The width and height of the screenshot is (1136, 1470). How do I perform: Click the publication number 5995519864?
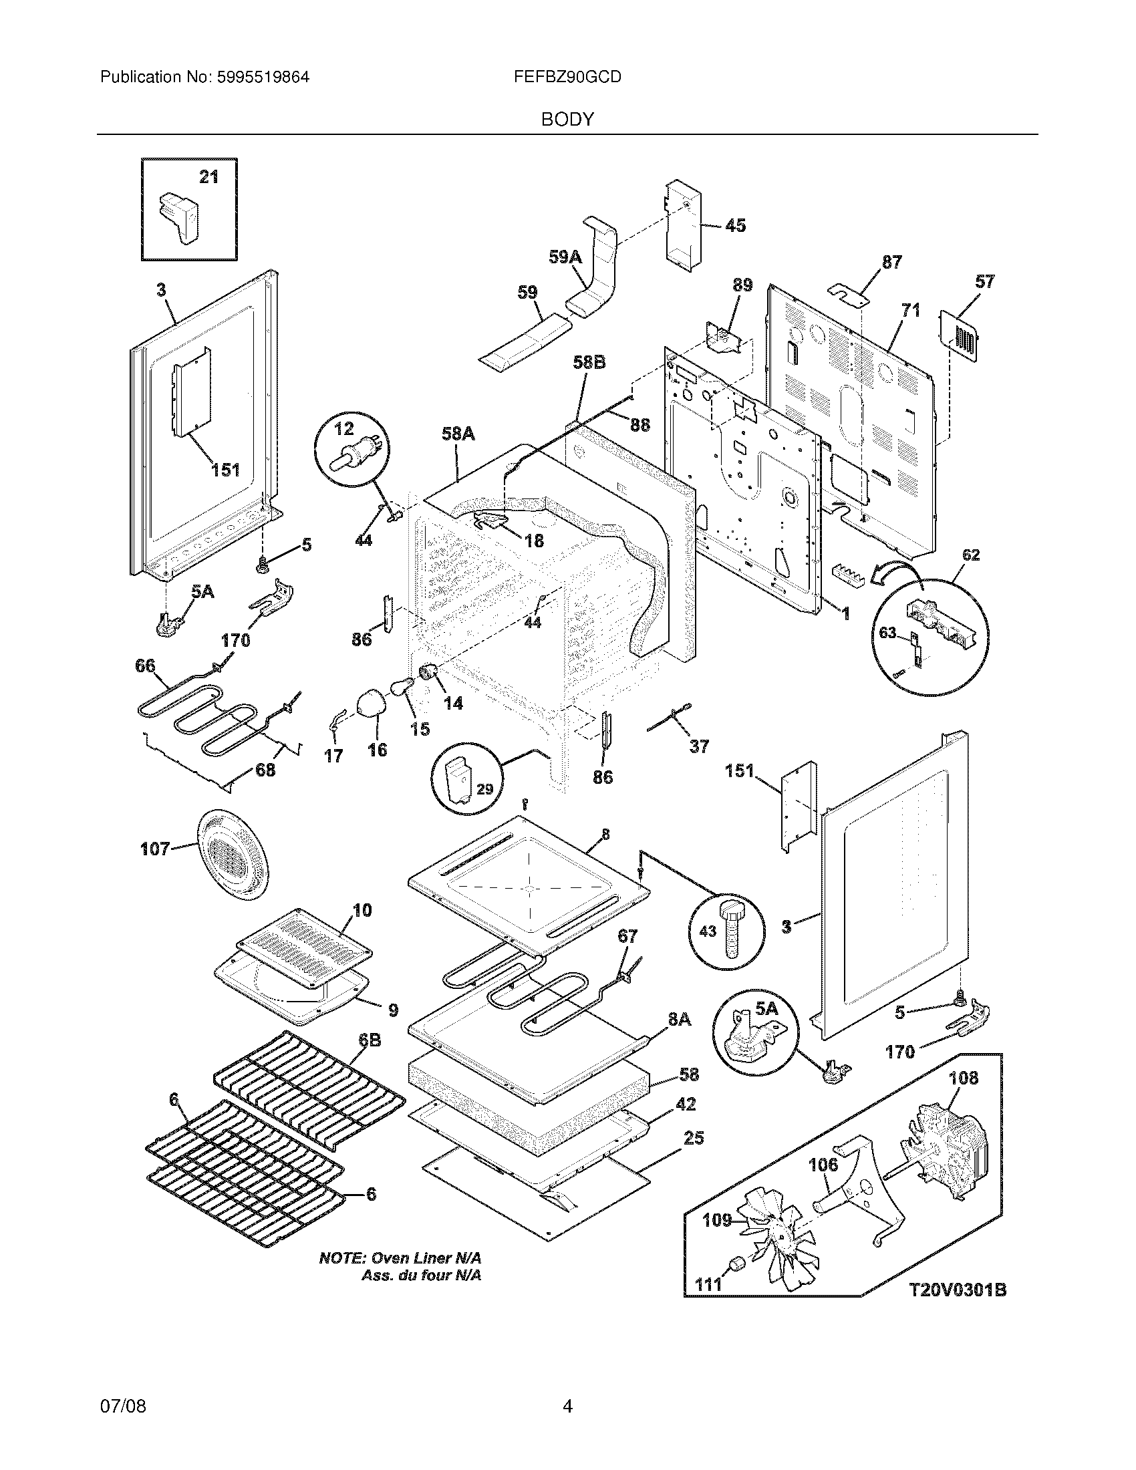[263, 78]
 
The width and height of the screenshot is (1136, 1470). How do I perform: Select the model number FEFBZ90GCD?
[567, 78]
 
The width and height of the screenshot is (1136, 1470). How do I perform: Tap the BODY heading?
[567, 120]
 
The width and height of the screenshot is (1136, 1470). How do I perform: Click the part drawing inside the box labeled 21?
[179, 214]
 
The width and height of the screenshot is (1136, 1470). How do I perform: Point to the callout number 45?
[736, 225]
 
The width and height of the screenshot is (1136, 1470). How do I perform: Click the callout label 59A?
[565, 257]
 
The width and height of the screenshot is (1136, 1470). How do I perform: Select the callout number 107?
[155, 849]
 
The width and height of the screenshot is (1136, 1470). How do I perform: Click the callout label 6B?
[370, 1040]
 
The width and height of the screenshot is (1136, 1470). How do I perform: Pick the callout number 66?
[146, 666]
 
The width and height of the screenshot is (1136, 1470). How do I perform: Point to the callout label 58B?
[589, 362]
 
